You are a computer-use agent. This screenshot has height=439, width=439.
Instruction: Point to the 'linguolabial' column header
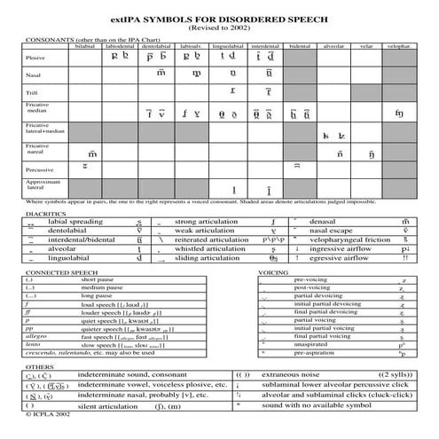(x=229, y=45)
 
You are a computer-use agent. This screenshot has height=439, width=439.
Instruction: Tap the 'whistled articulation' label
(x=210, y=249)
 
